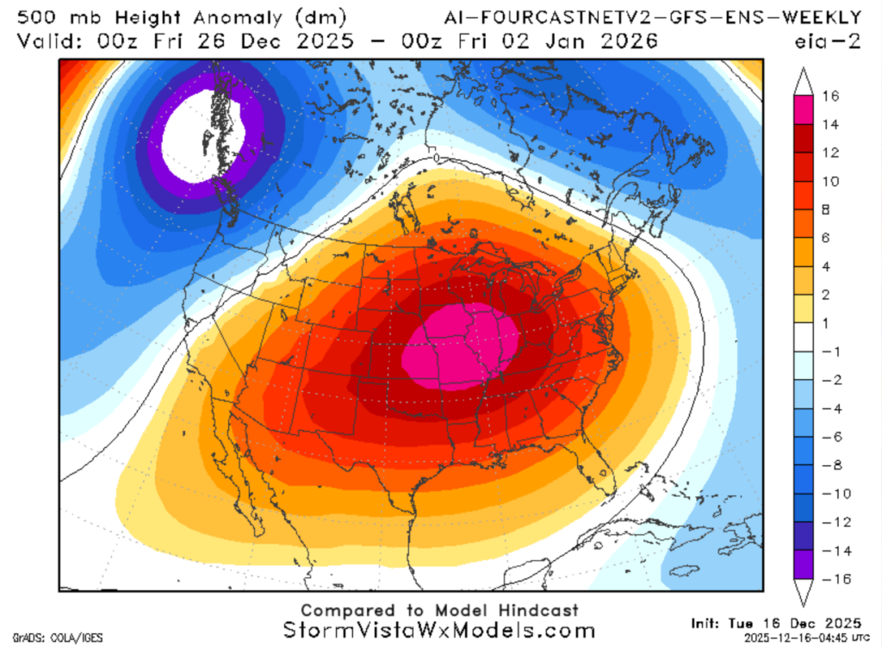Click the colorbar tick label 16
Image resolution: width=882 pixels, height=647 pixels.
point(832,96)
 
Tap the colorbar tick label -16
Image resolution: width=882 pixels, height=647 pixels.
point(830,578)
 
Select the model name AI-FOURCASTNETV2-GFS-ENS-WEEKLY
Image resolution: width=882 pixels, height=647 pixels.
point(652,16)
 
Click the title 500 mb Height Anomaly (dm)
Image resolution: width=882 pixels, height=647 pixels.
point(181,16)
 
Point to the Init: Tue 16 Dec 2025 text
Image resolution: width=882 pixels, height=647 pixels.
point(776,622)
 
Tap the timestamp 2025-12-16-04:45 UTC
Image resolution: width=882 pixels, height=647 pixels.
point(780,638)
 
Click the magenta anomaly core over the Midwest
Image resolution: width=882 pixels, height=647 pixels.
point(461,345)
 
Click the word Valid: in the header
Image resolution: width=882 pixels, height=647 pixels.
point(52,40)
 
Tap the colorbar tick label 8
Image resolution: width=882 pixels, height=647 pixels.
point(829,209)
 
